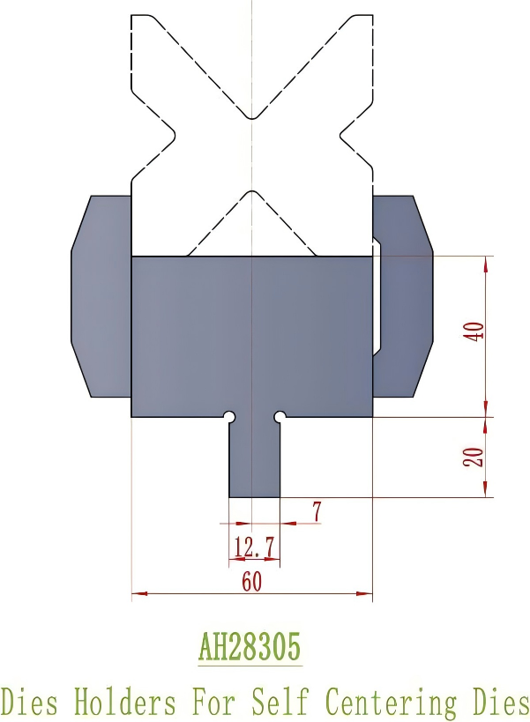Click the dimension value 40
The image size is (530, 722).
474,332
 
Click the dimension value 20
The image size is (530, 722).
474,457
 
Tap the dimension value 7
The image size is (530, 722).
315,510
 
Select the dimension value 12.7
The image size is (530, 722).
253,548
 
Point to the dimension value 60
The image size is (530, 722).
251,582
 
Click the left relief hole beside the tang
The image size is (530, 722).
229,416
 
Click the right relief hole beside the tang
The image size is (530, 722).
280,416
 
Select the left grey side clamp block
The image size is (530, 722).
101,295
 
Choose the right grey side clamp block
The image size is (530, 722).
407,295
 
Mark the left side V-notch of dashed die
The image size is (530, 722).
173,135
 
